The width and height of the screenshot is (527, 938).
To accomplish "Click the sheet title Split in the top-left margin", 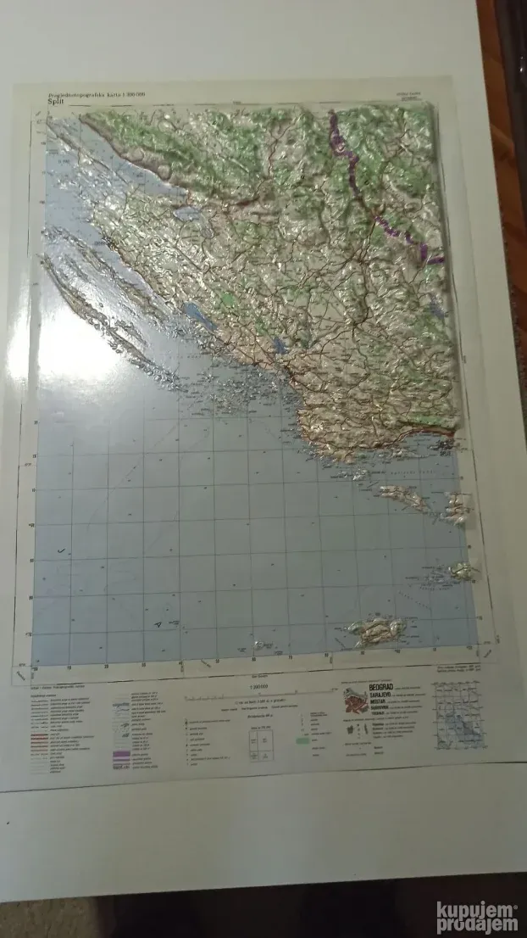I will coord(59,103).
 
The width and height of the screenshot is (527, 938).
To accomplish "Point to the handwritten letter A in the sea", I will coord(158,623).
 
